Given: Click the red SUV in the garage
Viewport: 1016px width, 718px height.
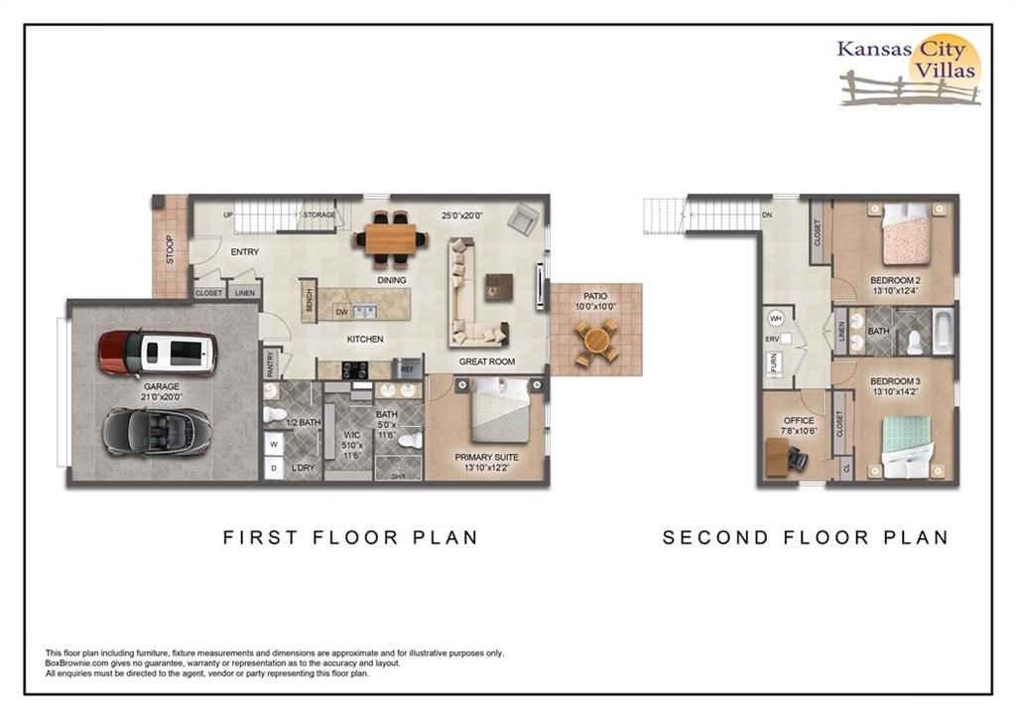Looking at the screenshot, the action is click(158, 354).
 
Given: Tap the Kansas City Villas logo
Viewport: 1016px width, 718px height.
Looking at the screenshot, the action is click(910, 70).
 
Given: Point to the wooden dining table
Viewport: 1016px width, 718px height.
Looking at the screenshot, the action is click(390, 238).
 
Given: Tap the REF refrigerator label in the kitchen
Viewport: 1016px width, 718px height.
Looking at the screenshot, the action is click(407, 369).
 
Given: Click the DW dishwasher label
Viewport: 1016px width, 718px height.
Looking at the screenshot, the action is click(342, 312).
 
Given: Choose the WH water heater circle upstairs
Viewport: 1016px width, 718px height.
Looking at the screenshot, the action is click(776, 319).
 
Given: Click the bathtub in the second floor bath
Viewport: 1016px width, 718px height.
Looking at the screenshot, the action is click(943, 332).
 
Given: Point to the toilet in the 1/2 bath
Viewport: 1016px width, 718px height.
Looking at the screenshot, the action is click(276, 414).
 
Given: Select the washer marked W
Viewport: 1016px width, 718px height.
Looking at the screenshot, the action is click(274, 444).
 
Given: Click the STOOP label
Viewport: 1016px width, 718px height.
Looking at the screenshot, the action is click(171, 249).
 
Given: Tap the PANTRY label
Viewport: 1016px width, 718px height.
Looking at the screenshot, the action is click(271, 363).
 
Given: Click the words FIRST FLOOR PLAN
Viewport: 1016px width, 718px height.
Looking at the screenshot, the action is click(350, 537).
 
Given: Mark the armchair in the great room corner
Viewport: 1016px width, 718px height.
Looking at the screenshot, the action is click(523, 218).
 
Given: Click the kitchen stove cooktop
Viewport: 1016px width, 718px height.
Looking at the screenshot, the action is click(354, 369).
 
